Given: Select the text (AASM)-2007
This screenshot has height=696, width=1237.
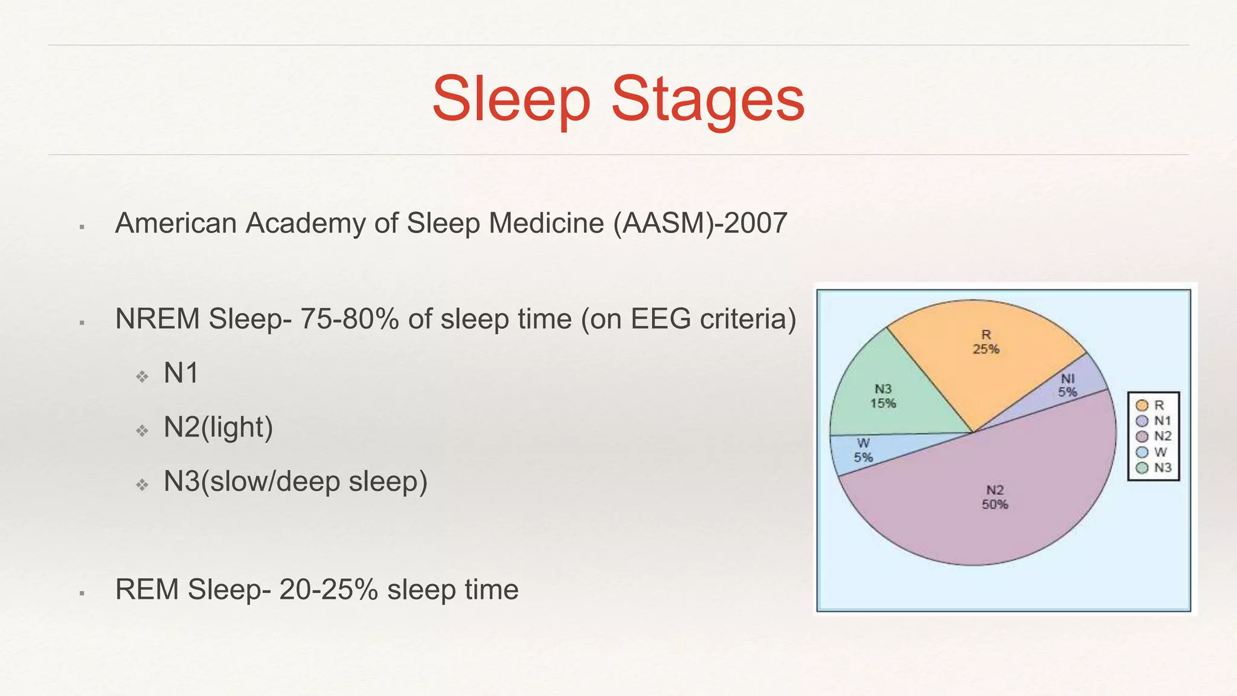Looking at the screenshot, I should pyautogui.click(x=700, y=223).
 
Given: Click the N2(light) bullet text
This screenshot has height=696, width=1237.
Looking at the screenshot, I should pyautogui.click(x=218, y=427).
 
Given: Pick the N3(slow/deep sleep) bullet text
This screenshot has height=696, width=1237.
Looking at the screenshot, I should pyautogui.click(x=295, y=482).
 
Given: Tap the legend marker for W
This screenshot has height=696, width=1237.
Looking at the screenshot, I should pyautogui.click(x=1142, y=452).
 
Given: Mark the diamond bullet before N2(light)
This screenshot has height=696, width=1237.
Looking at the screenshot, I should pyautogui.click(x=142, y=431).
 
